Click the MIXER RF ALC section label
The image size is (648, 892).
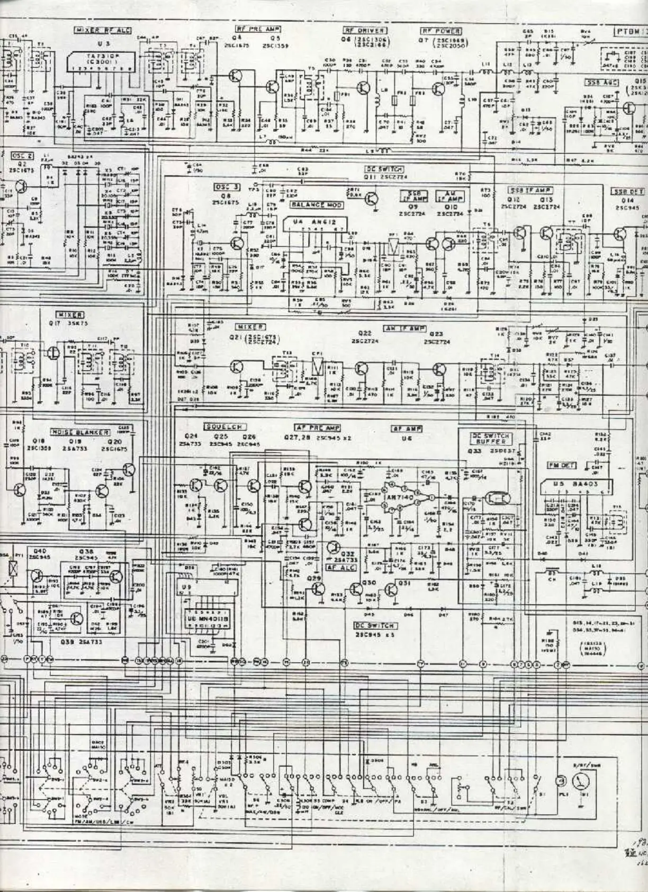coord(102,30)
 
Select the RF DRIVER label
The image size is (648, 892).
coord(365,31)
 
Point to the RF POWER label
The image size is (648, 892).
coord(440,31)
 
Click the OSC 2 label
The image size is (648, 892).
coord(22,156)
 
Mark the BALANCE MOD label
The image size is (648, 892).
coord(316,205)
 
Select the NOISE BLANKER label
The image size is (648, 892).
coord(79,432)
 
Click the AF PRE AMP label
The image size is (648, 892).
coord(317,427)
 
